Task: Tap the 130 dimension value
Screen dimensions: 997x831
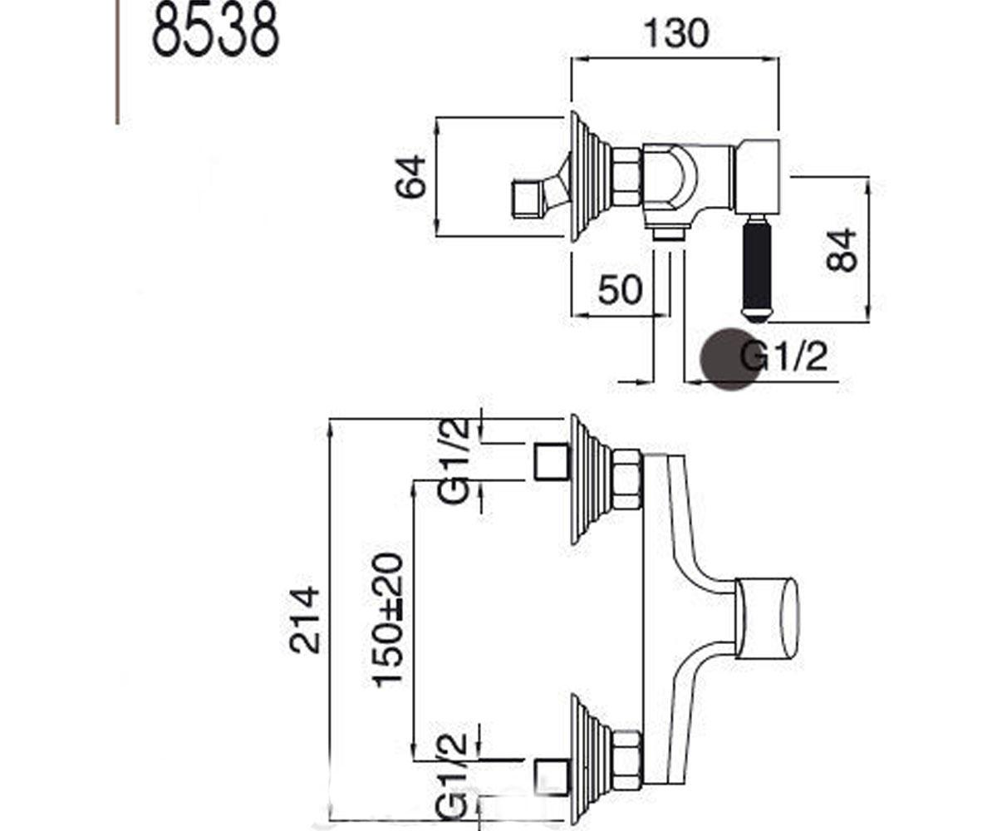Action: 676,33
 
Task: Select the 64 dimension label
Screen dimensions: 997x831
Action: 410,176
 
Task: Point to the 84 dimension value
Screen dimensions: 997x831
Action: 842,250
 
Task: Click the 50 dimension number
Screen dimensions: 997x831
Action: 621,289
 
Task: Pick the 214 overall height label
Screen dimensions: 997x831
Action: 304,620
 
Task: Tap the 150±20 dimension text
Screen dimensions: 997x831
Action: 388,620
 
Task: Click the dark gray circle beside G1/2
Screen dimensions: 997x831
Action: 729,359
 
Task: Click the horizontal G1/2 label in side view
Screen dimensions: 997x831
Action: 783,357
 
